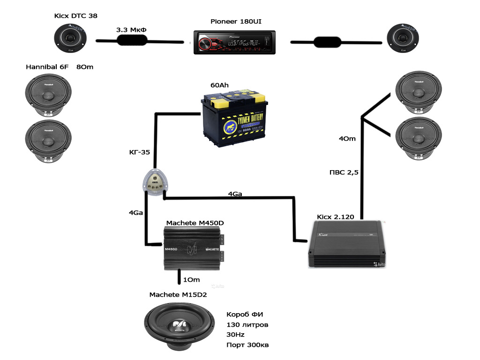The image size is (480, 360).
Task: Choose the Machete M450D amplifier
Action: [192, 248]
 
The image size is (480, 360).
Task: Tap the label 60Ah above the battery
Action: [221, 86]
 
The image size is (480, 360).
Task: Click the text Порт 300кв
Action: [247, 345]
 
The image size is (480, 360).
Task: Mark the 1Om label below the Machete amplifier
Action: [191, 280]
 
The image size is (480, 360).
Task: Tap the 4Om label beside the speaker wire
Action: [347, 138]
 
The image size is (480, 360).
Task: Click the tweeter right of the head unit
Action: [402, 38]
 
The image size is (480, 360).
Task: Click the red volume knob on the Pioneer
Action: [205, 45]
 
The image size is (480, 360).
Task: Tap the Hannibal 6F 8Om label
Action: [60, 67]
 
